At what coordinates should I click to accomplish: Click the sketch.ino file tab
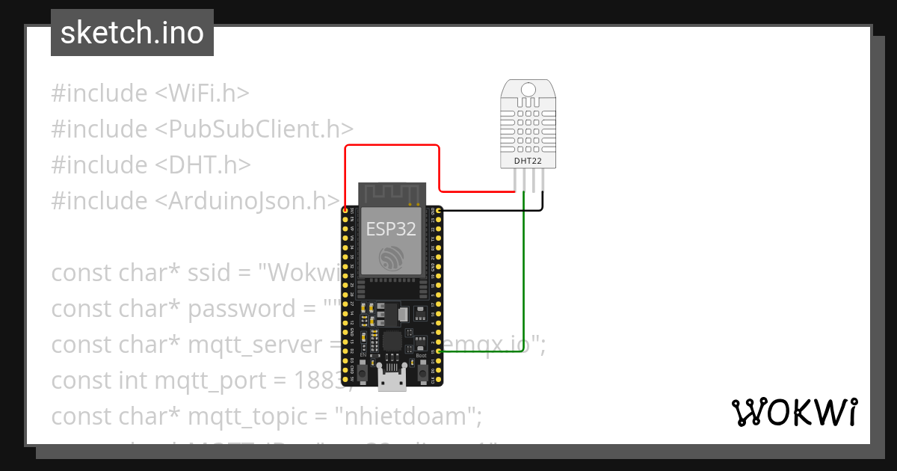(x=132, y=33)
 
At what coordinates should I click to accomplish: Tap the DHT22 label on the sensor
(x=528, y=161)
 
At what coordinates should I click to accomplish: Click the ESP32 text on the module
(x=391, y=228)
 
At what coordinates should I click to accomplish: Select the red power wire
(x=392, y=146)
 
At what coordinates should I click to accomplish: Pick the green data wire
(x=524, y=284)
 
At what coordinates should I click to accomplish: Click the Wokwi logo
(x=794, y=412)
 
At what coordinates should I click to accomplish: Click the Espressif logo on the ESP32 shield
(x=391, y=258)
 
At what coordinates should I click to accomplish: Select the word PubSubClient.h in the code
(x=254, y=129)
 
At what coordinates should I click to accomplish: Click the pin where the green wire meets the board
(x=439, y=351)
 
